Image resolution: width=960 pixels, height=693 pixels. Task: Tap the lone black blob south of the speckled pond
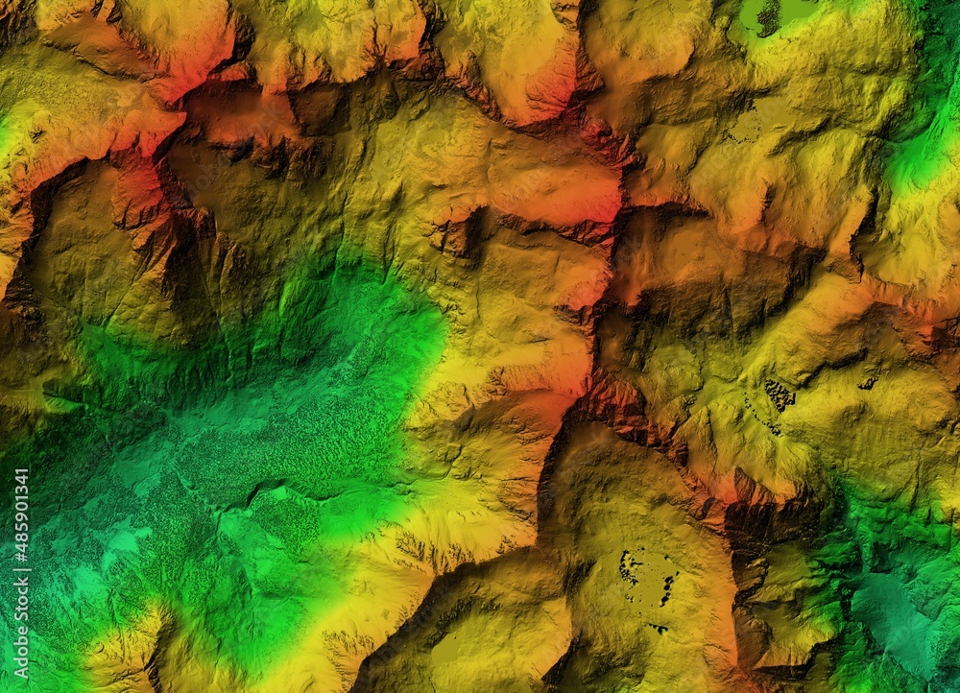click(x=659, y=629)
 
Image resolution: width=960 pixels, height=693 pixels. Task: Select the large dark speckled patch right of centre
click(x=779, y=394)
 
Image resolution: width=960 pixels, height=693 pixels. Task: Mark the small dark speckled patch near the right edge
click(x=868, y=384)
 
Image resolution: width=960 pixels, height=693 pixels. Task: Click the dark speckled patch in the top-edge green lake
click(x=768, y=16)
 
